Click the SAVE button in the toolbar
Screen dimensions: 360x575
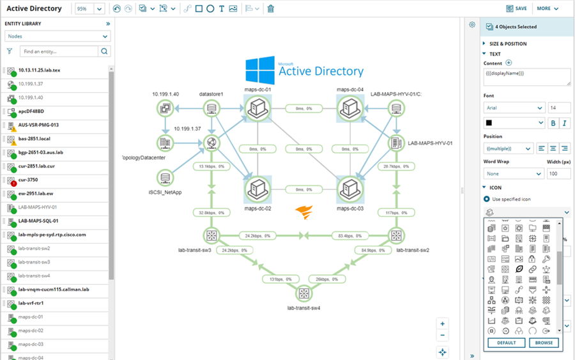click(516, 9)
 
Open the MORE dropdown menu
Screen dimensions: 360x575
click(548, 9)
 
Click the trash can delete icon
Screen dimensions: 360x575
click(271, 9)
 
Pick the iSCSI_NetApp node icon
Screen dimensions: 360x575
click(165, 177)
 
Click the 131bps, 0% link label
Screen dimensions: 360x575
click(280, 279)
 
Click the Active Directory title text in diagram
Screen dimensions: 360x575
click(321, 71)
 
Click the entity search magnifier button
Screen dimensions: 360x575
click(104, 51)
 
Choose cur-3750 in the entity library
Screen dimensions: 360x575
click(28, 180)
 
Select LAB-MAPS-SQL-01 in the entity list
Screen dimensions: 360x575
click(38, 221)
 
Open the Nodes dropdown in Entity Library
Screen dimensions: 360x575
click(57, 36)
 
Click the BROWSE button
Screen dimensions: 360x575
click(544, 343)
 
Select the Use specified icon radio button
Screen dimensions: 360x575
click(487, 200)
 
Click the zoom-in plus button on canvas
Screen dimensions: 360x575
click(443, 324)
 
